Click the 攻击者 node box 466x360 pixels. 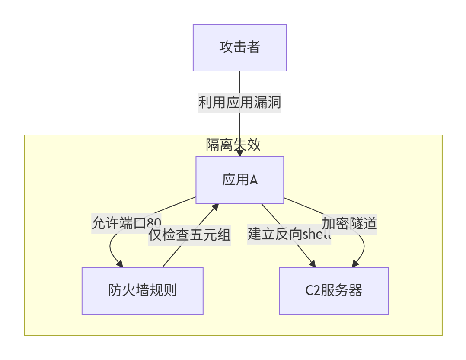click(239, 48)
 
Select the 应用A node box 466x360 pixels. click(239, 180)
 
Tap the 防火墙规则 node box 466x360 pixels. click(142, 290)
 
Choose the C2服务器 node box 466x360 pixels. click(333, 290)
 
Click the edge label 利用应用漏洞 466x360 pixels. click(239, 103)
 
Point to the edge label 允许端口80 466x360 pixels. click(126, 223)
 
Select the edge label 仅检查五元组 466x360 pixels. click(189, 235)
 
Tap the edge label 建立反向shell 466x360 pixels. click(289, 235)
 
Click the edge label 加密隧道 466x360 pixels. click(349, 223)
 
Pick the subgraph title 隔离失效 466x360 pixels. click(233, 145)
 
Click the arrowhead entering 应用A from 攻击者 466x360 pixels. click(239, 153)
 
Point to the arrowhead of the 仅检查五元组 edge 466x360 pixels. click(215, 207)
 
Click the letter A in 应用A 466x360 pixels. click(253, 180)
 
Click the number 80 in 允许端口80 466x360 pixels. click(154, 223)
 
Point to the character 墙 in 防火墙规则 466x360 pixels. click(142, 290)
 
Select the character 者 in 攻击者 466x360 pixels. click(253, 47)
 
